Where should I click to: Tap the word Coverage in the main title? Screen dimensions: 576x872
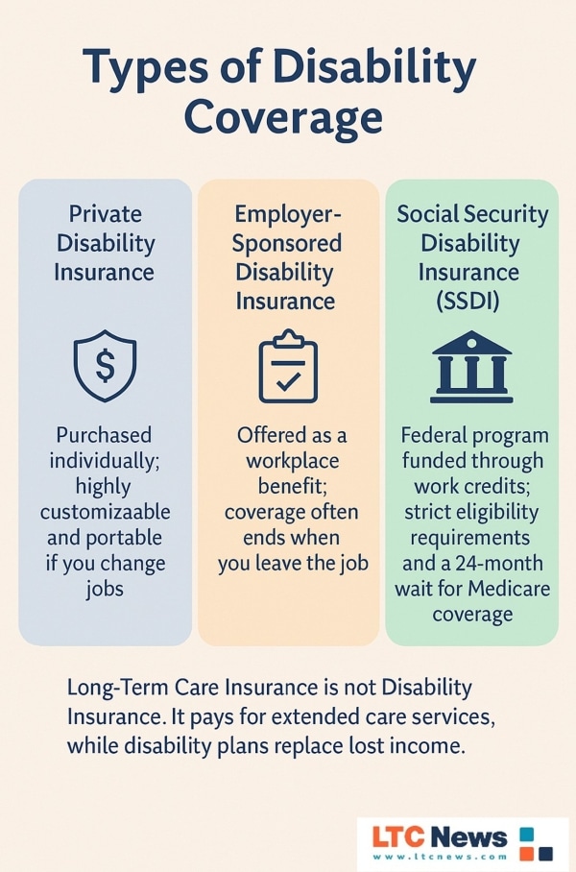[x=283, y=117]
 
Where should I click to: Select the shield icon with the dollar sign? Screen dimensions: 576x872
[x=105, y=365]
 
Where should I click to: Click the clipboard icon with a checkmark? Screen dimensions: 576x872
[x=288, y=366]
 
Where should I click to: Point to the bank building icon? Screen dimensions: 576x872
[x=471, y=367]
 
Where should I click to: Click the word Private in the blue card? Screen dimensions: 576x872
[x=105, y=214]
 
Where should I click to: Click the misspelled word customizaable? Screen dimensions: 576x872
[x=105, y=512]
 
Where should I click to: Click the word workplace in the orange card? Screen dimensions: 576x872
[x=293, y=461]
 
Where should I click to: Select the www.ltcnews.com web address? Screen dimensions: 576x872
[x=441, y=857]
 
